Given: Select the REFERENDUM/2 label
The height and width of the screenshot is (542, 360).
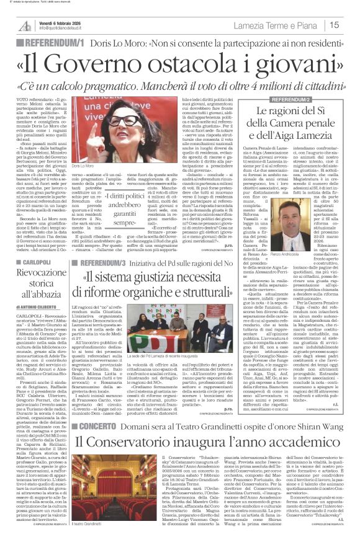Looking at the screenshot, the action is coord(278,100).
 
